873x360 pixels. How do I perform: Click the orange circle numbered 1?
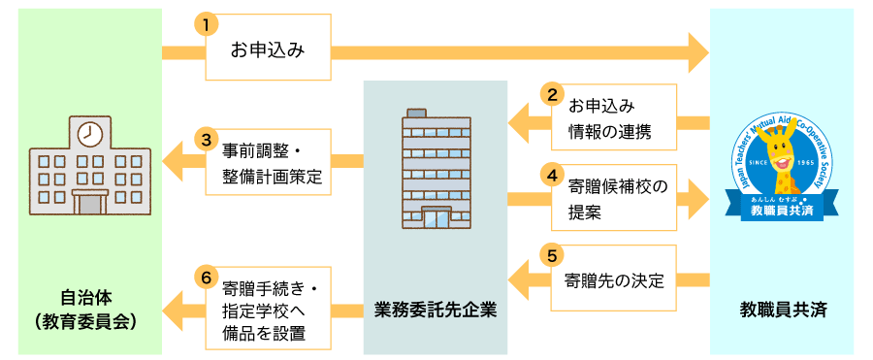(207, 24)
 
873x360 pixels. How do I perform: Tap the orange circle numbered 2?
(552, 95)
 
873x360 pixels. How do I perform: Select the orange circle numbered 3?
(207, 140)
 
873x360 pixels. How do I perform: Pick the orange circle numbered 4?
(552, 175)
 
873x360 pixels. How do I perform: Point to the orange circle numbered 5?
(552, 255)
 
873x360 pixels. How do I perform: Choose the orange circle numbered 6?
(207, 277)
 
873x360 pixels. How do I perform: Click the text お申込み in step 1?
(268, 51)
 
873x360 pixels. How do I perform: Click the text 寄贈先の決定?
(614, 280)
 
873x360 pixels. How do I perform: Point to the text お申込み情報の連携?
(609, 118)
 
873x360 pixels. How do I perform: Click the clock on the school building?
(87, 134)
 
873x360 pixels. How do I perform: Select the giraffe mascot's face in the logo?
(781, 156)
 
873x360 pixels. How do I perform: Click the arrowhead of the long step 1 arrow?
(698, 52)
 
